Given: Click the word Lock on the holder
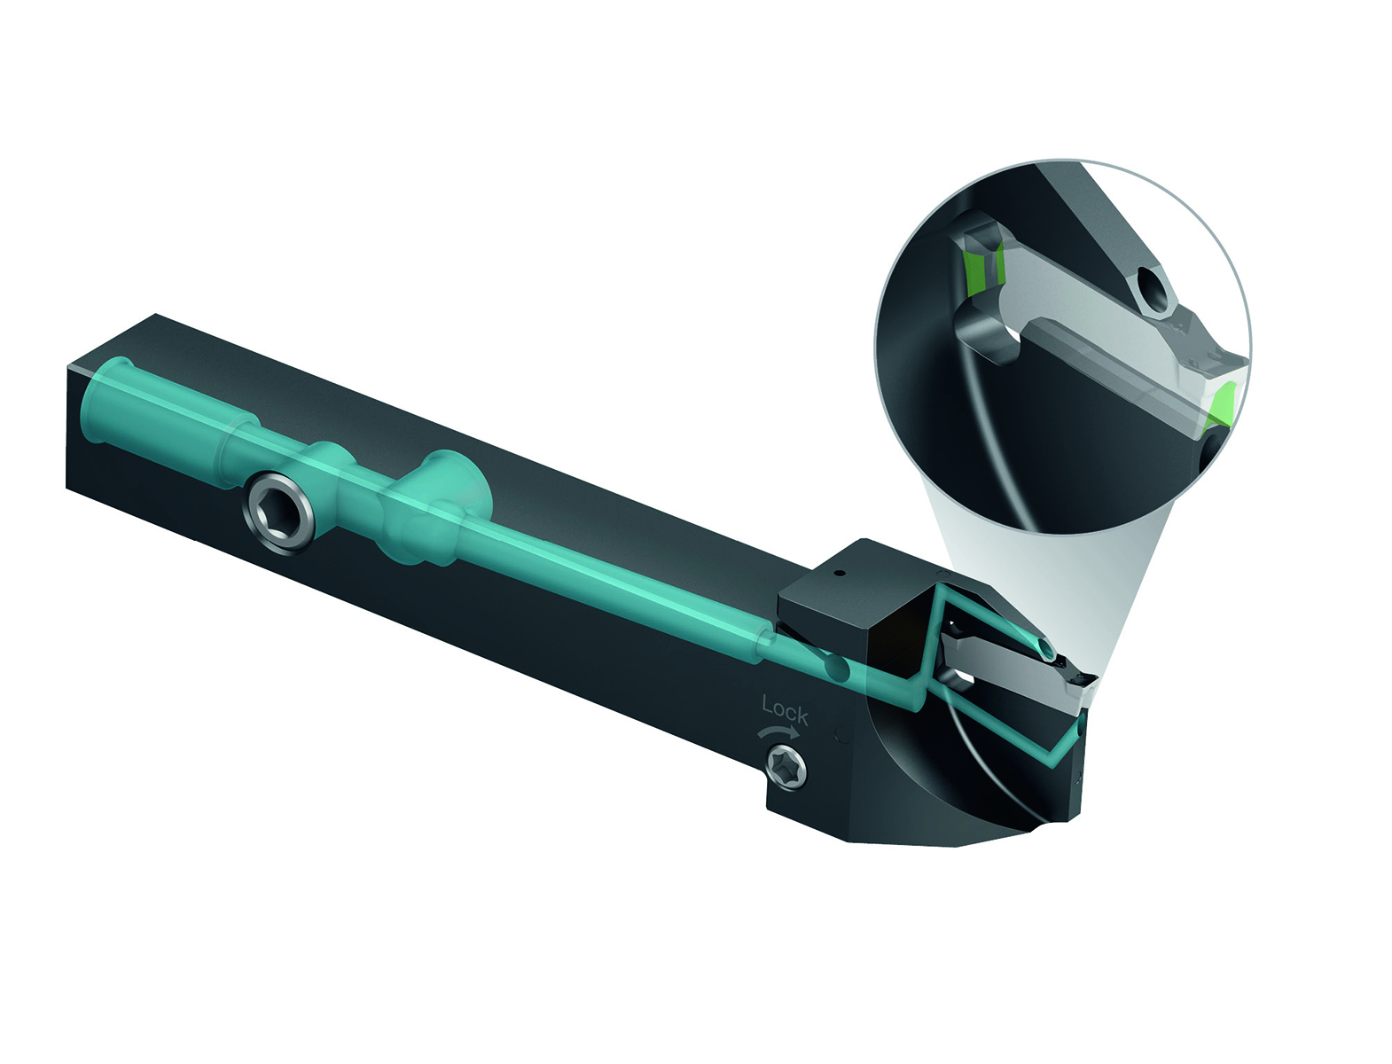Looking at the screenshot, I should (x=785, y=710).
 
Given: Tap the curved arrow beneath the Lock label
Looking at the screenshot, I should (x=777, y=732).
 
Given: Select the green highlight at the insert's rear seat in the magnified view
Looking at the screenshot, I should (x=977, y=266).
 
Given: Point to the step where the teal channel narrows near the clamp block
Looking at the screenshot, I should (x=761, y=642).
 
